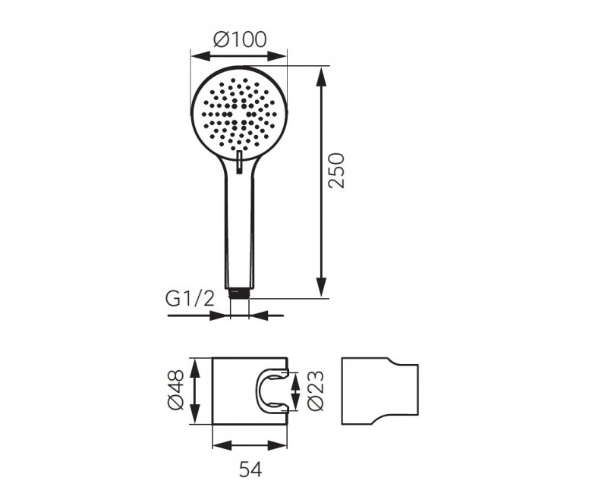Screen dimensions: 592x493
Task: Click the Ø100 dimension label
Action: [x=239, y=39]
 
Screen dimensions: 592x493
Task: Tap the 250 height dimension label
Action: [x=336, y=170]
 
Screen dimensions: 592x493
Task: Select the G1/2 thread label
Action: [x=190, y=300]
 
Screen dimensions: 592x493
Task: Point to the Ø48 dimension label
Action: [x=175, y=390]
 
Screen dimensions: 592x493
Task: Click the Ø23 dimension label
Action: [x=315, y=390]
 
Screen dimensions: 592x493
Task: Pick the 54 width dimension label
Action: [x=250, y=470]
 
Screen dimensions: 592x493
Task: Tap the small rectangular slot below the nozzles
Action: [x=239, y=162]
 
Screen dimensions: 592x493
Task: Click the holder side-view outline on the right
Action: [x=379, y=391]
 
